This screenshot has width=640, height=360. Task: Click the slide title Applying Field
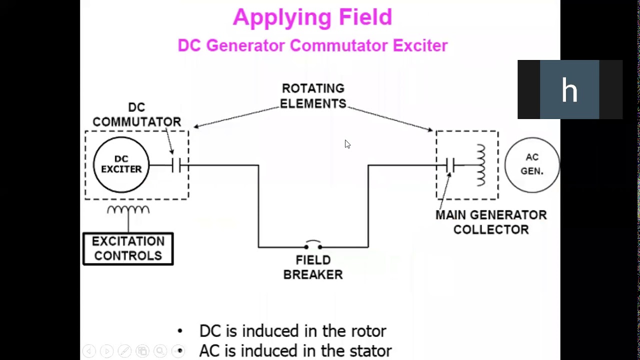tap(312, 17)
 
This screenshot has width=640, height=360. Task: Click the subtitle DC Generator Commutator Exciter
tap(312, 45)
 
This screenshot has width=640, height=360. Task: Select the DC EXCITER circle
tap(121, 164)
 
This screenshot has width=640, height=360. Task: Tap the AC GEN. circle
tap(532, 164)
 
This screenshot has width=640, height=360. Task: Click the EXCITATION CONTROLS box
tap(128, 248)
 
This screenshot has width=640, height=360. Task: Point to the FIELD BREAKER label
tap(313, 267)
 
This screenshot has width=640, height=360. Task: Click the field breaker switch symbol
tap(313, 245)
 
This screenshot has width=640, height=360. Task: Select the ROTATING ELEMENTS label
tap(313, 96)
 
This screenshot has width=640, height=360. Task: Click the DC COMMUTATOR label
tap(136, 115)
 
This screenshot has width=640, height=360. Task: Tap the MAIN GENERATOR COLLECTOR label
tap(491, 222)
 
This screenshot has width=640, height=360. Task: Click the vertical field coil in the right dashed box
tap(480, 165)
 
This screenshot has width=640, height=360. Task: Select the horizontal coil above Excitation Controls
tap(128, 210)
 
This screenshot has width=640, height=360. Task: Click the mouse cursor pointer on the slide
tap(347, 144)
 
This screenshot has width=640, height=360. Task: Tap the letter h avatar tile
tap(569, 90)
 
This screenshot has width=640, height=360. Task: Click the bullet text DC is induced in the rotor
tap(292, 331)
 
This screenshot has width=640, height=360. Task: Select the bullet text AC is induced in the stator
tap(295, 351)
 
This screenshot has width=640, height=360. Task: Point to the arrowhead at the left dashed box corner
tap(195, 127)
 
